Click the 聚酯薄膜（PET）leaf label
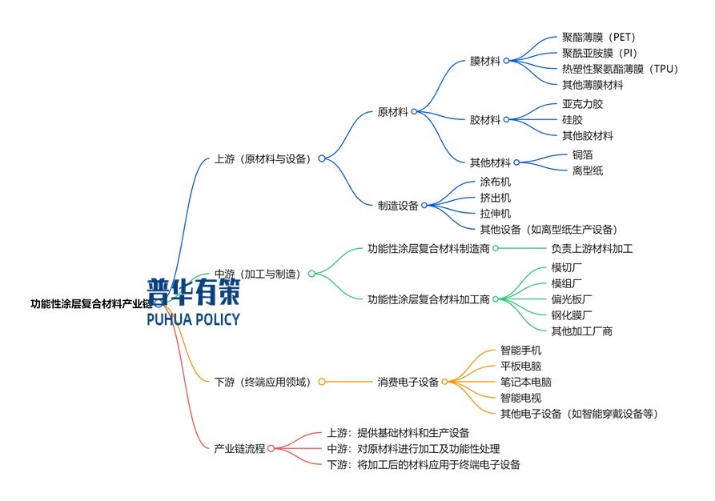tap(598, 37)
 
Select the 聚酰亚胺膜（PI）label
tap(600, 53)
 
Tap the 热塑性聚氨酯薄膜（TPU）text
tap(621, 69)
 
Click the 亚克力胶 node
tap(583, 104)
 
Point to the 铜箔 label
tap(583, 154)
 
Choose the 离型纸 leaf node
tap(588, 170)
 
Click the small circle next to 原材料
tap(415, 112)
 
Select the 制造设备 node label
tap(398, 206)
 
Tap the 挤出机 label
tap(496, 198)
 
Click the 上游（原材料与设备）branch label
tap(263, 158)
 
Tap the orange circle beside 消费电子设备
tap(445, 382)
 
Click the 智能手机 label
tap(520, 351)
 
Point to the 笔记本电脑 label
tap(526, 382)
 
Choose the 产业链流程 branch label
tap(239, 448)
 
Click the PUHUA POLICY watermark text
tap(193, 319)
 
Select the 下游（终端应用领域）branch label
tap(263, 382)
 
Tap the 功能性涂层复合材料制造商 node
tap(428, 248)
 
